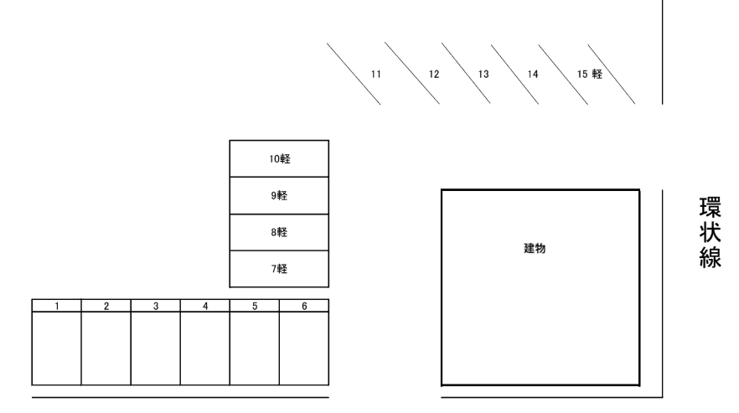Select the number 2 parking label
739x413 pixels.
pos(106,306)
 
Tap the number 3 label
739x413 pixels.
pos(156,306)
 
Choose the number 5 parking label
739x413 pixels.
pos(255,306)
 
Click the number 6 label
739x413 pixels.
pos(304,306)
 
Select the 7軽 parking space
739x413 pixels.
pos(279,269)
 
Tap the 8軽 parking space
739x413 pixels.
pos(279,232)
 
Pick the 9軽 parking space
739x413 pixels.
pos(279,196)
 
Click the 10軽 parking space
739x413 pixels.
pos(279,159)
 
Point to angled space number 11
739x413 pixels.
pos(375,74)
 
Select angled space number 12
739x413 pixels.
pos(434,74)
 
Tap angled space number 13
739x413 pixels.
pos(483,74)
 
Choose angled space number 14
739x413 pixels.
pos(533,74)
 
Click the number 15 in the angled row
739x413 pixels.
pos(582,74)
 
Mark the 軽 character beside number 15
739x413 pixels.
pos(597,74)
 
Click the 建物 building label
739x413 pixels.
pos(535,249)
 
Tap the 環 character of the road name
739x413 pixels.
pos(710,208)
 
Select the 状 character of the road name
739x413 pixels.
pos(710,232)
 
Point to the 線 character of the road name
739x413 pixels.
pos(710,257)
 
